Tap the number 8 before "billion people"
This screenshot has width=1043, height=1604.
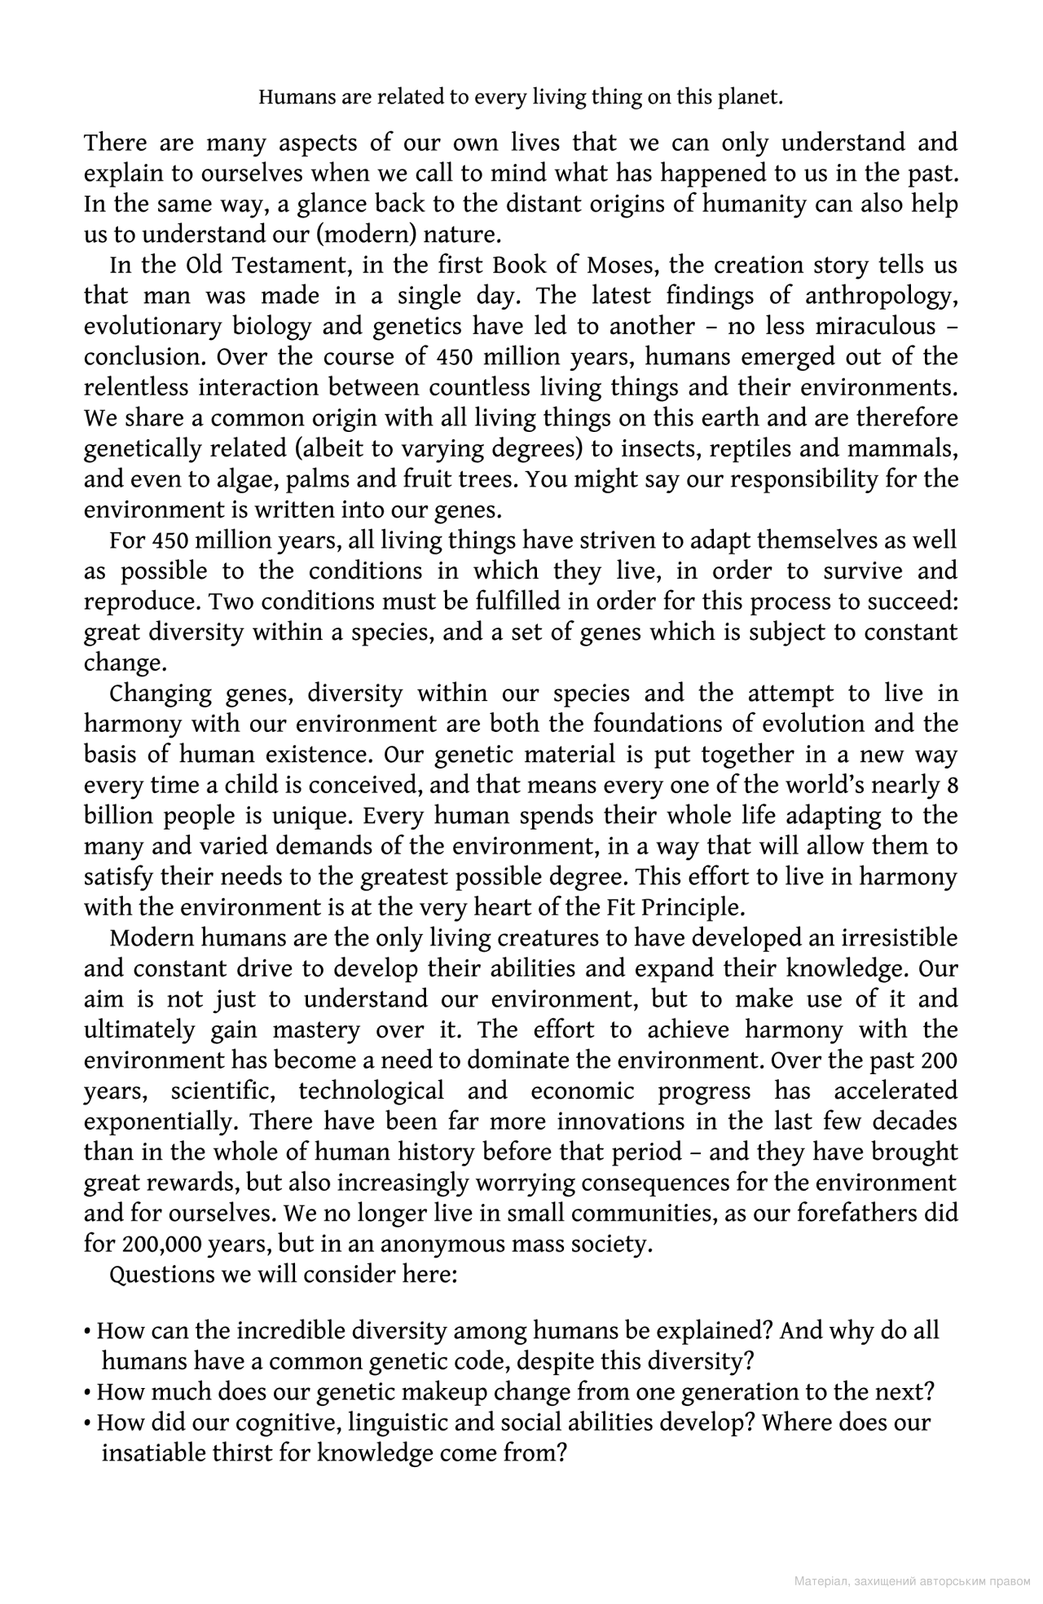[952, 786]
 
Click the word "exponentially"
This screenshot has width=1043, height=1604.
[160, 1122]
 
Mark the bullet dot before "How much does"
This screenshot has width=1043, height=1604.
[87, 1393]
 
